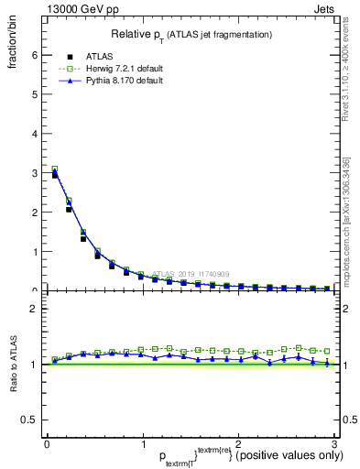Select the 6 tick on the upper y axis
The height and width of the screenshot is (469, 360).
34,55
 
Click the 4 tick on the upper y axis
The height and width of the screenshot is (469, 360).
34,134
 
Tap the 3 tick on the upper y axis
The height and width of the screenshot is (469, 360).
34,173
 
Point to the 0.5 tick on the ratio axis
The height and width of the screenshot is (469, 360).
28,420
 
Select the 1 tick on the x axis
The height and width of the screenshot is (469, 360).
142,445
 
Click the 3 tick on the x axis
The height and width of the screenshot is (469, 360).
333,445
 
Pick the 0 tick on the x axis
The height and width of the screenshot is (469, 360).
47,445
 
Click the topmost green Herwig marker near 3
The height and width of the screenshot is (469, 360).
55,169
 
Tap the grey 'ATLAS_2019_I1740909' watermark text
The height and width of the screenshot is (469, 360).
191,274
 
